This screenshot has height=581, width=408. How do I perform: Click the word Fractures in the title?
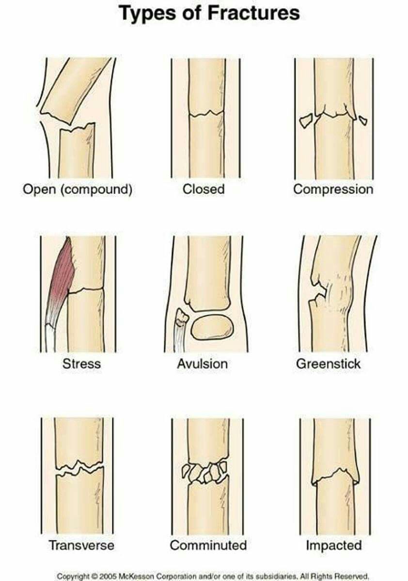pyautogui.click(x=253, y=13)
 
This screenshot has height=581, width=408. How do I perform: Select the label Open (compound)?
pyautogui.click(x=78, y=189)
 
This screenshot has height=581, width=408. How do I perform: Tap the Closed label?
pyautogui.click(x=204, y=189)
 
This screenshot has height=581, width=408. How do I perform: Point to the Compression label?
pyautogui.click(x=333, y=190)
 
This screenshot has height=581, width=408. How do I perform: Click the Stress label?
pyautogui.click(x=81, y=364)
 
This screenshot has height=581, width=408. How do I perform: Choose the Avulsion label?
pyautogui.click(x=203, y=364)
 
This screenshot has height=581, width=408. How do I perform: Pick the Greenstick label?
pyautogui.click(x=329, y=364)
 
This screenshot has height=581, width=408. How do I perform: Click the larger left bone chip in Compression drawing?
pyautogui.click(x=306, y=121)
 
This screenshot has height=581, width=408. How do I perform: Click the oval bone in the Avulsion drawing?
pyautogui.click(x=212, y=327)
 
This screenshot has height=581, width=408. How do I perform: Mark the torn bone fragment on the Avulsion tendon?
pyautogui.click(x=182, y=317)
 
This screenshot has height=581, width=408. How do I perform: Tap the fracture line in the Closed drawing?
pyautogui.click(x=206, y=113)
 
